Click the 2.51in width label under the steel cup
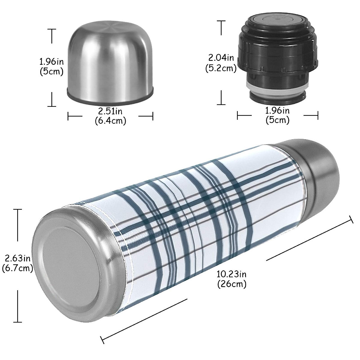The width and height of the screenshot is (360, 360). click(110, 111)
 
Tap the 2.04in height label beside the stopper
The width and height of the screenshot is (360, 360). click(221, 57)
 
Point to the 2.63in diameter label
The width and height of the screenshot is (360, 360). click(17, 258)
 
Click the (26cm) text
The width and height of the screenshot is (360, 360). click(232, 284)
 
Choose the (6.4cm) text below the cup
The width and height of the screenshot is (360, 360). click(110, 121)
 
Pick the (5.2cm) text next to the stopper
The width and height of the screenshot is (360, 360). click(221, 68)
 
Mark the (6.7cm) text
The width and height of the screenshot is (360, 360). click(17, 268)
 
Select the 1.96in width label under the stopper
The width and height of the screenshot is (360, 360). click(277, 110)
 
